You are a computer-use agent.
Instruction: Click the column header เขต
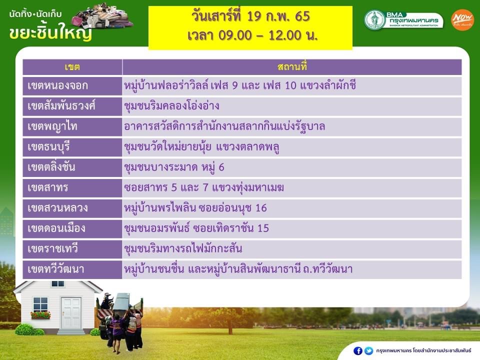(72, 67)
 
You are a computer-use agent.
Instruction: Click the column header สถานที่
(292, 66)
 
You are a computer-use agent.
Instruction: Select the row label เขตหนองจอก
(58, 85)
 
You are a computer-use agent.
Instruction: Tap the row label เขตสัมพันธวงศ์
(61, 106)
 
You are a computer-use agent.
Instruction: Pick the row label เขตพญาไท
(52, 126)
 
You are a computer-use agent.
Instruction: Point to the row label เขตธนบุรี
(48, 147)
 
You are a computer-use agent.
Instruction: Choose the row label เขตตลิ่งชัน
(51, 167)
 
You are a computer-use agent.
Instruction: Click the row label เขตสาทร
(48, 187)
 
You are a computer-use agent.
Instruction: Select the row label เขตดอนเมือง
(56, 228)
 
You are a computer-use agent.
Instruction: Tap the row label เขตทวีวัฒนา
(55, 269)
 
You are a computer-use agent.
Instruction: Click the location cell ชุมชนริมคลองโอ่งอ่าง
(171, 106)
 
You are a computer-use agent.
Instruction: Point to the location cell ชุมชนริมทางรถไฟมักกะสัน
(183, 248)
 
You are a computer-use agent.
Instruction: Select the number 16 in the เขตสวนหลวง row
(261, 208)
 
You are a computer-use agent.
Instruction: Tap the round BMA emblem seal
(374, 20)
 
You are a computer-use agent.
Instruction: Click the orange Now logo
(462, 20)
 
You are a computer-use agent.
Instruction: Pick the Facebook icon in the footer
(358, 351)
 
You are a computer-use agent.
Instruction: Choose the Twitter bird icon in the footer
(368, 351)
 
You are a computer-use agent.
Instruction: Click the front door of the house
(70, 313)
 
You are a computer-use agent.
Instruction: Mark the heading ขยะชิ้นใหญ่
(50, 32)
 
